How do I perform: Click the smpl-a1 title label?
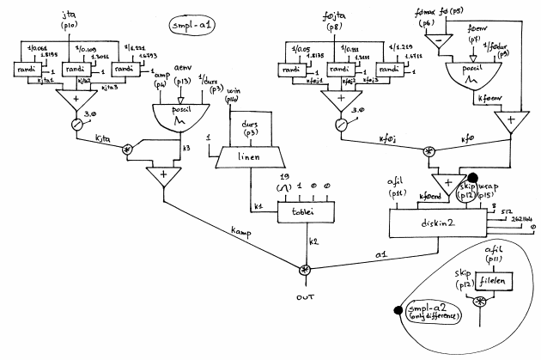(x=193, y=24)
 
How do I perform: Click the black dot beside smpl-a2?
(x=397, y=311)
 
